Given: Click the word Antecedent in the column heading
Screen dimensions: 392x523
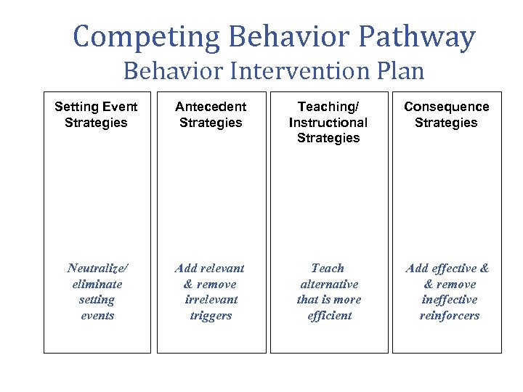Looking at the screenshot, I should click(x=211, y=107).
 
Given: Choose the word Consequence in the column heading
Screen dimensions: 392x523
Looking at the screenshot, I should click(x=446, y=107).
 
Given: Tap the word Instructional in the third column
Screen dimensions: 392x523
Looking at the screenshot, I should click(x=328, y=123).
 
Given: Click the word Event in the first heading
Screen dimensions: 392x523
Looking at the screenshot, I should click(x=118, y=107).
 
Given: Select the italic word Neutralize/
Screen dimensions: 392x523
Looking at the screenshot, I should click(x=97, y=269).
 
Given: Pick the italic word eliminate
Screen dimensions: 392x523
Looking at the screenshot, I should click(x=97, y=285).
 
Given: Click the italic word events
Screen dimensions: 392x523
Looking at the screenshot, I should click(x=97, y=316).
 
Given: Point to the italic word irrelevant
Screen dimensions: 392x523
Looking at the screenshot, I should click(x=211, y=300).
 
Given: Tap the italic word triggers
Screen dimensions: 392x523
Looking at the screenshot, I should click(x=211, y=316).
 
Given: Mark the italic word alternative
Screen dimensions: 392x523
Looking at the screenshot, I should click(x=328, y=285).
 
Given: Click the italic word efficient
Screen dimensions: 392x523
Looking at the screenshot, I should click(x=328, y=316).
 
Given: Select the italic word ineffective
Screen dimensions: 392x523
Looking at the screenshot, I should click(x=449, y=300).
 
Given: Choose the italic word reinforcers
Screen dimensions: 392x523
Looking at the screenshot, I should click(x=449, y=316).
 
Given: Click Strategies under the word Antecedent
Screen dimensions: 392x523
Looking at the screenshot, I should click(x=211, y=123).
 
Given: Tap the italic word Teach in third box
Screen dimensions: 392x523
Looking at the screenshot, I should click(x=328, y=269).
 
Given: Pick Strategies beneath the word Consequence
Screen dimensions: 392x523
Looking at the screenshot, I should click(x=446, y=123).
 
